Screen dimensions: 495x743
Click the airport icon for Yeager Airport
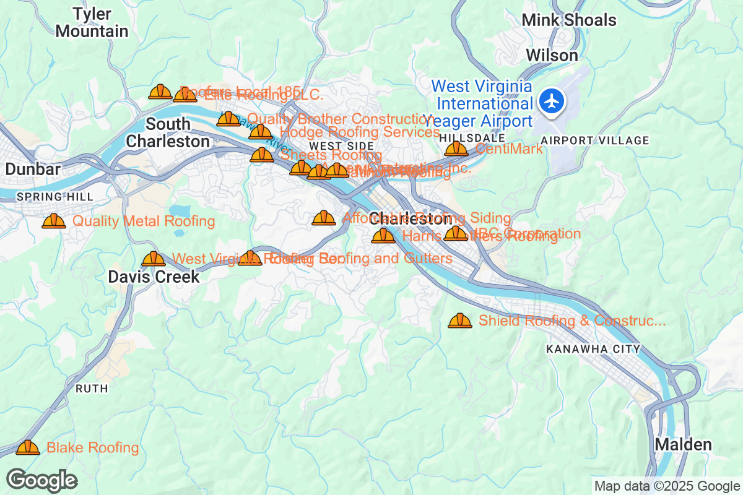tap(550, 101)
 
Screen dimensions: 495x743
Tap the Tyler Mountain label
tap(92, 22)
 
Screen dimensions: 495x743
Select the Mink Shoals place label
tap(569, 20)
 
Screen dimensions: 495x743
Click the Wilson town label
tap(552, 55)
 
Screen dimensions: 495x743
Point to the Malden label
tap(683, 444)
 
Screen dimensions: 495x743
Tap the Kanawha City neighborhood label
tap(593, 349)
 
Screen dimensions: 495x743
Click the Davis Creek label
tap(154, 277)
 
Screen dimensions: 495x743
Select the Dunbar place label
tap(33, 169)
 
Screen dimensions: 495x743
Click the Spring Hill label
tap(55, 197)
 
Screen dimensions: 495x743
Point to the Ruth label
tap(92, 389)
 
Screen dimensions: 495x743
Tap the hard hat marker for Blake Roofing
tap(28, 447)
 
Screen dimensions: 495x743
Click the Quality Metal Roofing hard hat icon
tap(54, 221)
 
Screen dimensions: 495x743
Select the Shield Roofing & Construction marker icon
tap(459, 321)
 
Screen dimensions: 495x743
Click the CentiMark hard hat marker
tap(456, 148)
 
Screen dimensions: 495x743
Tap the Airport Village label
tap(594, 140)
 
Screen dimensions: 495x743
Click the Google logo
tap(41, 480)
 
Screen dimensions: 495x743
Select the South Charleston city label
tap(168, 132)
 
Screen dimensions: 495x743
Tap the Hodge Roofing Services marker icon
tap(261, 132)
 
